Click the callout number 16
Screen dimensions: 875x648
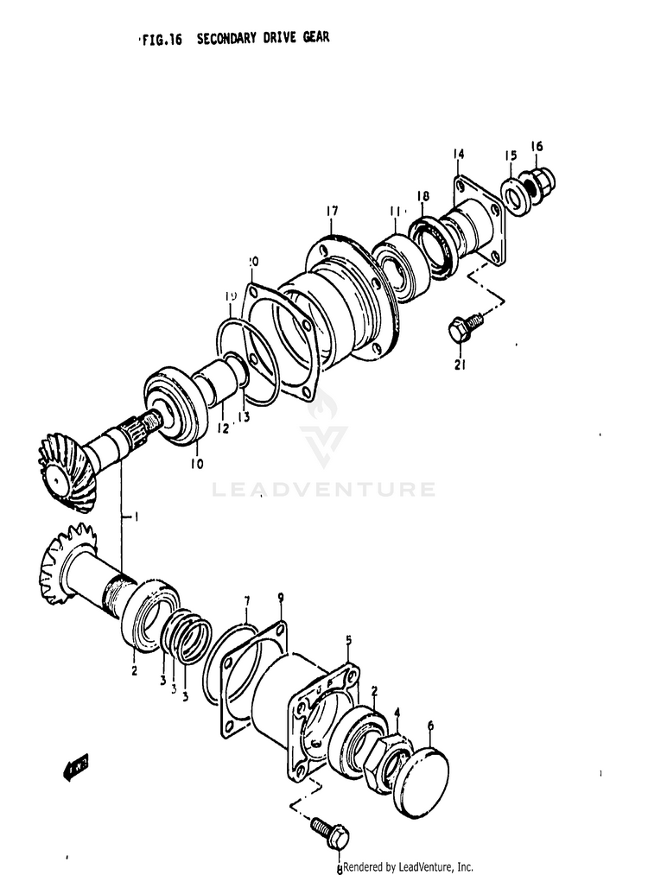(x=537, y=147)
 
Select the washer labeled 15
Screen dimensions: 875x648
(x=516, y=194)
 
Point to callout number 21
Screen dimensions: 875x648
(x=461, y=364)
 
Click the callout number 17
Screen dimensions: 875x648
(x=332, y=211)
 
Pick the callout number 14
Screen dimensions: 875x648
(x=458, y=155)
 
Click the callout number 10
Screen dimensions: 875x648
(x=198, y=464)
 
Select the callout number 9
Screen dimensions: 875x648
(x=280, y=597)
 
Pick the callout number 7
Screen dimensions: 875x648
(x=247, y=599)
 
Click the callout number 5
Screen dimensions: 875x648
(x=349, y=639)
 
